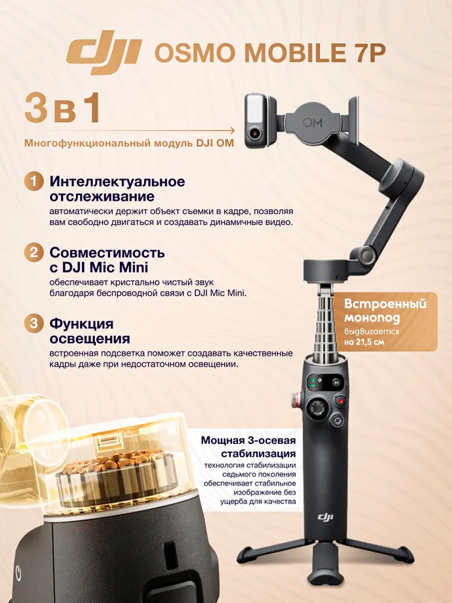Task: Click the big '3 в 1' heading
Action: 63,108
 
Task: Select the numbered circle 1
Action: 34,182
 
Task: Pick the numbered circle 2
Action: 34,253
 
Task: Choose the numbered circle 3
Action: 34,324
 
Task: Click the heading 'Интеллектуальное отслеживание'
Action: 117,189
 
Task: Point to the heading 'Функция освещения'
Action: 90,331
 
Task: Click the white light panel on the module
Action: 255,108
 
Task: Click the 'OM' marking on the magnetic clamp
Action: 313,123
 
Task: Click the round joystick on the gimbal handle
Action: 317,408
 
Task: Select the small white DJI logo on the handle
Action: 325,517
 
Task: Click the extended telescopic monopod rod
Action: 326,327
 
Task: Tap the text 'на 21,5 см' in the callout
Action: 364,342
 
